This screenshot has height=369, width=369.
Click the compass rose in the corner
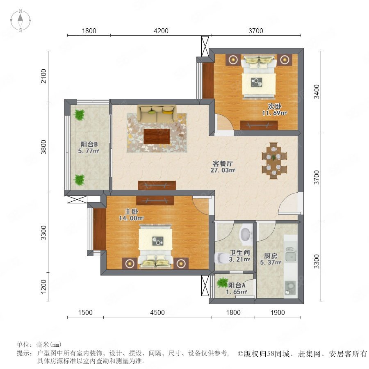pyautogui.click(x=20, y=20)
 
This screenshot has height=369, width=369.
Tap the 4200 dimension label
pyautogui.click(x=161, y=31)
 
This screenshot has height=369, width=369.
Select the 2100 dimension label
pyautogui.click(x=44, y=76)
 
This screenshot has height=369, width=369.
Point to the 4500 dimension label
pyautogui.click(x=157, y=312)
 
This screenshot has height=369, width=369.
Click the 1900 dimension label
pyautogui.click(x=278, y=312)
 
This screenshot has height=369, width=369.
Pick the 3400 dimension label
pyautogui.click(x=317, y=91)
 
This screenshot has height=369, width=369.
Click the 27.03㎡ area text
pyautogui.click(x=223, y=170)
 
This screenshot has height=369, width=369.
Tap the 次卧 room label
pyautogui.click(x=274, y=106)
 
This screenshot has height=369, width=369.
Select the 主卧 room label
pyautogui.click(x=131, y=211)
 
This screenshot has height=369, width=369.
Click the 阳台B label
pyautogui.click(x=89, y=144)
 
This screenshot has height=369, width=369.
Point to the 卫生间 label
pyautogui.click(x=239, y=253)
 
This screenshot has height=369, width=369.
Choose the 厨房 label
pyautogui.click(x=271, y=255)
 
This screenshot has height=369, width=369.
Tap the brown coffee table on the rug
pyautogui.click(x=157, y=136)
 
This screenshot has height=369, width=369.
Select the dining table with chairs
pyautogui.click(x=274, y=161)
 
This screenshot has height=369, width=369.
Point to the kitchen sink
pyautogui.click(x=291, y=255)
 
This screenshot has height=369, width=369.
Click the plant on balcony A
pyautogui.click(x=222, y=282)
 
